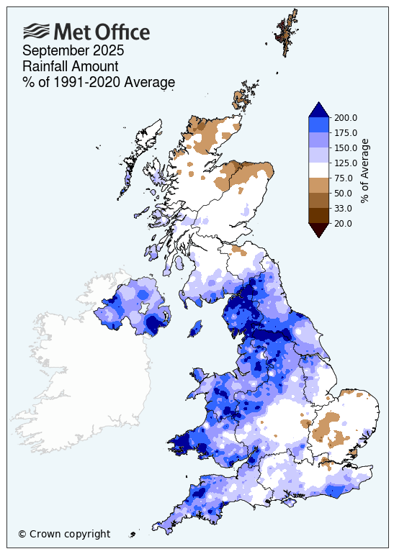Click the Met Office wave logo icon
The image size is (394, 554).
coord(37,31)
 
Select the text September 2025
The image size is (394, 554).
coord(73,51)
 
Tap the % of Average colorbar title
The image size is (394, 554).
coord(365,171)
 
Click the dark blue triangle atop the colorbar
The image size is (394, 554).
coord(319,109)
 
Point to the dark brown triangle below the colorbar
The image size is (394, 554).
coord(319,230)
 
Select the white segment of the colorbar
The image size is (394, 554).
coord(319,171)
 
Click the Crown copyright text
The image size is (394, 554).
coord(64,534)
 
